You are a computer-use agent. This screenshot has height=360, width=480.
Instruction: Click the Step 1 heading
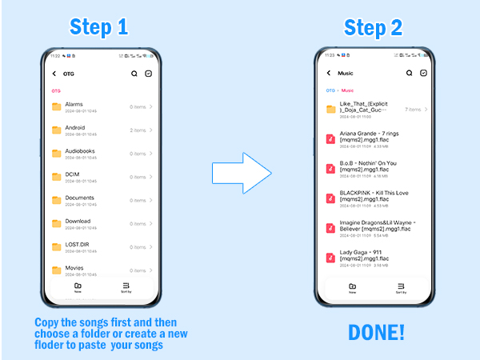(x=99, y=27)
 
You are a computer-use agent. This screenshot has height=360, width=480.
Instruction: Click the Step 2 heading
(x=374, y=28)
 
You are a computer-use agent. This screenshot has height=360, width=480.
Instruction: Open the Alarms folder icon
(x=57, y=106)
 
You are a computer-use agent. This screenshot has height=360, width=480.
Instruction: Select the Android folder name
(x=74, y=127)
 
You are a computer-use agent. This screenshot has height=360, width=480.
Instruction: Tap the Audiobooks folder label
(x=79, y=150)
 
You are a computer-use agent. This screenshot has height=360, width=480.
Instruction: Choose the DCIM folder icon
(x=57, y=176)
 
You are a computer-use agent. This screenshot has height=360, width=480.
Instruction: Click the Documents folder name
(x=79, y=198)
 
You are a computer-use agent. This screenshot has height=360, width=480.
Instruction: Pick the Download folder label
(x=78, y=221)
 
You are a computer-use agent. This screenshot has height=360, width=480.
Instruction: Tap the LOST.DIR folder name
(x=78, y=244)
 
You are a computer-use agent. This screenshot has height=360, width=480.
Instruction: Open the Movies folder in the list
(x=74, y=268)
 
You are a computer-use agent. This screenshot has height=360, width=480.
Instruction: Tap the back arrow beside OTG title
(x=54, y=74)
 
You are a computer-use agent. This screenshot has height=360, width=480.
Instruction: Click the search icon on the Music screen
(x=409, y=73)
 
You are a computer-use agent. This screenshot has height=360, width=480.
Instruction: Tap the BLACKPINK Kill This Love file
(x=364, y=197)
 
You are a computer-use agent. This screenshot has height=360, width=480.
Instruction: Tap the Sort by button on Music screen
(x=401, y=288)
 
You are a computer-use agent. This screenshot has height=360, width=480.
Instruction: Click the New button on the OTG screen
(x=78, y=288)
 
